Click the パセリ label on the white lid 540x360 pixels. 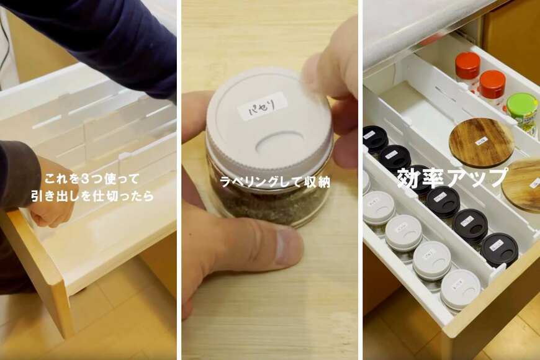[262, 106]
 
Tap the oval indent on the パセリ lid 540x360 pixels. [279, 143]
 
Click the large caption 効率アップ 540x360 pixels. [452, 178]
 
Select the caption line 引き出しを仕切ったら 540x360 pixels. [92, 197]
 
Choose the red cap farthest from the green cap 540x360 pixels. [467, 65]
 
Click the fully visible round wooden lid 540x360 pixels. [482, 142]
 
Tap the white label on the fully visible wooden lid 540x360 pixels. [482, 141]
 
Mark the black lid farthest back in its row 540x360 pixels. [375, 138]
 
